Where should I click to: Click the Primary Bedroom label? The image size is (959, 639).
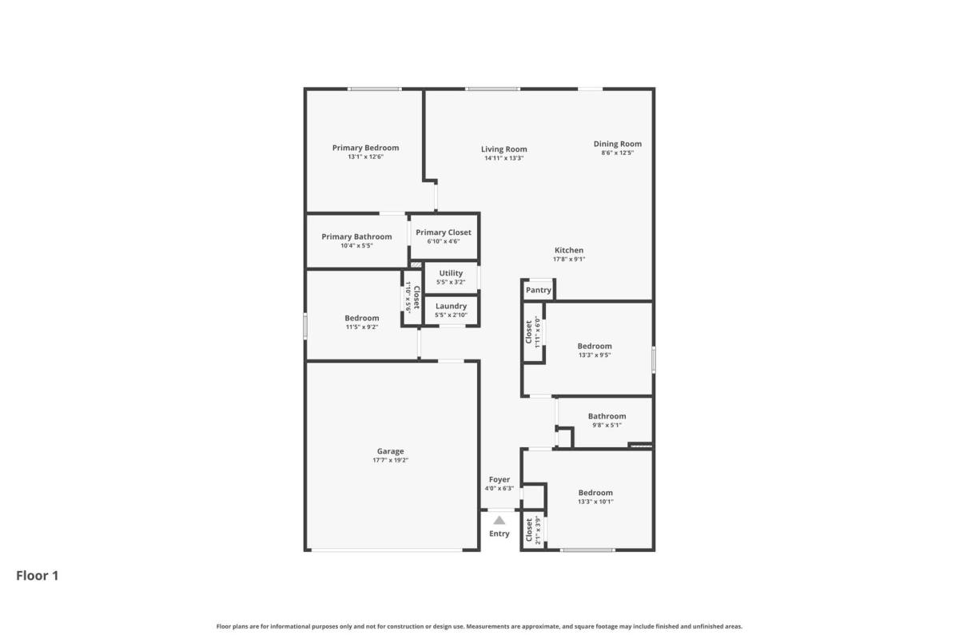coord(366,148)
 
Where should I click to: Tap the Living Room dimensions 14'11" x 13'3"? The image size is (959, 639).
coord(504,158)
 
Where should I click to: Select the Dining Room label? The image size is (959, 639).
coord(617,145)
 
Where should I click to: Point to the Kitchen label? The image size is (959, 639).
coord(569,250)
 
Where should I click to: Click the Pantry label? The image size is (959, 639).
coord(538,290)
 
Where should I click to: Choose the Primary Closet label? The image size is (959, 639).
coord(443,232)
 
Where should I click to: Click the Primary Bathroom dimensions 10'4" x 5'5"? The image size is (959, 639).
coord(356,246)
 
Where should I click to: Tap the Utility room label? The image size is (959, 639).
coord(451,273)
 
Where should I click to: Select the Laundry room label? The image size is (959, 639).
coord(451,307)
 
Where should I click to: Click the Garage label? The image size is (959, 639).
coord(391,451)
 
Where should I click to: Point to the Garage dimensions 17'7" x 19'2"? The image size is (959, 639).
coord(391,461)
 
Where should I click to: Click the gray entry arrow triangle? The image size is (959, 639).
coord(499,521)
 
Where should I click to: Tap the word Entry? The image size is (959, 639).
coord(499,534)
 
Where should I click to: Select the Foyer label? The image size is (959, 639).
coord(499,480)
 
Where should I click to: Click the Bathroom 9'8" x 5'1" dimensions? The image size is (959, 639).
coord(607,426)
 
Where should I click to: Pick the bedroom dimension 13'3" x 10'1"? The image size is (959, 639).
coord(595,502)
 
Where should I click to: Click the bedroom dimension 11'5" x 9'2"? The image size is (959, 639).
coord(362,327)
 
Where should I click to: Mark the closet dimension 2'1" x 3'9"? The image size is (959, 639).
coord(538,530)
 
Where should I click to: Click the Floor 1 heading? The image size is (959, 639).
coord(38,576)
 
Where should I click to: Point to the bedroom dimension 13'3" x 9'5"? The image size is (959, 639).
coord(595,355)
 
